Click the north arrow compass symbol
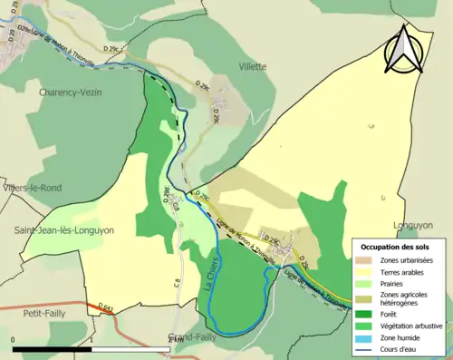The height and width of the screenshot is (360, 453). click(x=405, y=49)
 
